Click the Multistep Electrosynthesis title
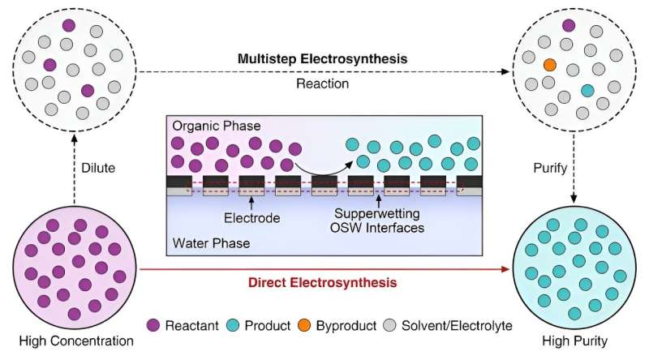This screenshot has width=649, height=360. tap(322, 58)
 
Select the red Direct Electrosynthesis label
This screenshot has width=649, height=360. tap(322, 283)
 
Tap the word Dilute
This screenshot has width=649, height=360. tap(98, 168)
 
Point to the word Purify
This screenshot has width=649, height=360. tap(550, 168)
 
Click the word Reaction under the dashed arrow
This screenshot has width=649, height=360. tap(322, 84)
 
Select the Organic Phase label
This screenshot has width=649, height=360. tap(217, 126)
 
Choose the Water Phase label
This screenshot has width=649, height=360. tap(211, 243)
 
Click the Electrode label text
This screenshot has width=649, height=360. tap(251, 218)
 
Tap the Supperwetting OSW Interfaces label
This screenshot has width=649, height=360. tap(377, 221)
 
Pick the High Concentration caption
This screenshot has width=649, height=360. tap(76, 341)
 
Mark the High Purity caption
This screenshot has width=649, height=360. tap(575, 341)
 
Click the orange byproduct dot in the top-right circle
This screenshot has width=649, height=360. tap(549, 65)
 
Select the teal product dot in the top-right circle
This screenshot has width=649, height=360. tap(587, 91)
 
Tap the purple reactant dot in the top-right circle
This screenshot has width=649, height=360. tap(569, 26)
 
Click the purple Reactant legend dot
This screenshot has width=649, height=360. tap(153, 325)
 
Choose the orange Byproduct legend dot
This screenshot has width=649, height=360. tap(303, 325)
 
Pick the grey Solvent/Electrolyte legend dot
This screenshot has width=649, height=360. tap(389, 325)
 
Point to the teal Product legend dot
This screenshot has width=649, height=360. tap(233, 325)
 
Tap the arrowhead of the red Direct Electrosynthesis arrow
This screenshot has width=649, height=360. tap(505, 269)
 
